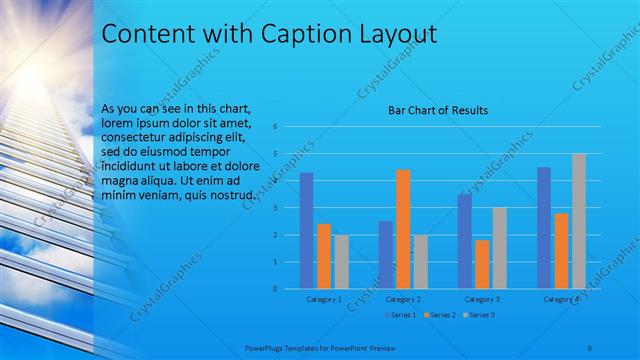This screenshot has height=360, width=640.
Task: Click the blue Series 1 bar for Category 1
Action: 306,231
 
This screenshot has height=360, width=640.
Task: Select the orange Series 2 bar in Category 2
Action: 403,229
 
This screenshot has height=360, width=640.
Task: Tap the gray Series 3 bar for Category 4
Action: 578,221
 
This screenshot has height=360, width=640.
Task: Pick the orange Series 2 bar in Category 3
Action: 482,264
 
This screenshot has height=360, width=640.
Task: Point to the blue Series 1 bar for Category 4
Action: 544,228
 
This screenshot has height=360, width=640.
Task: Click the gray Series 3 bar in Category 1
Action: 342,262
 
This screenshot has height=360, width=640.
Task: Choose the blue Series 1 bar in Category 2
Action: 385,255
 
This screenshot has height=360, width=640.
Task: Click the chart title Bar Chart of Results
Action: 438,110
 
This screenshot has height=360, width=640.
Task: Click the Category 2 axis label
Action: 402,299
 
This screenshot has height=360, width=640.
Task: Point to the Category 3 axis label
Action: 482,299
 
